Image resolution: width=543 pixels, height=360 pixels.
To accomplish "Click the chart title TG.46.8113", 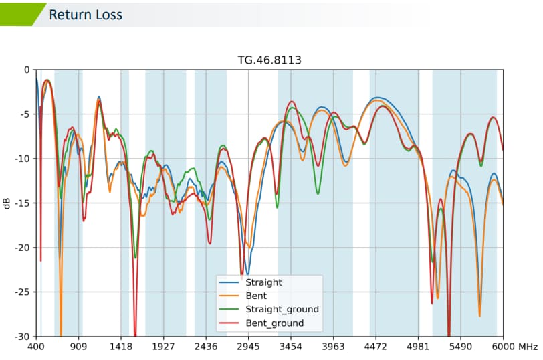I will coord(269,60).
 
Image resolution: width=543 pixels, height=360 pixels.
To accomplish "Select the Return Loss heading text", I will coord(86,14).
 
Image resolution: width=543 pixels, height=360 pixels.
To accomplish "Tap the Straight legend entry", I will coord(263,282).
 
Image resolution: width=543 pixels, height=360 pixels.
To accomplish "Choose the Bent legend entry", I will coord(256,296).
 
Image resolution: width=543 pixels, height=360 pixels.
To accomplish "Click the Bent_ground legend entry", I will coord(274,323).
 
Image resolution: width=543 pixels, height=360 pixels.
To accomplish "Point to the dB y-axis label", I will coord(7,203).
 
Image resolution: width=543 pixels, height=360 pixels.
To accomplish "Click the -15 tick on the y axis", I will coord(23,203).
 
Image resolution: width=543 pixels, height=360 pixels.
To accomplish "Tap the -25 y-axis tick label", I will coord(23,292).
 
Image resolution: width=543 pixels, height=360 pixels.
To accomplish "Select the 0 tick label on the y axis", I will coord(27,70).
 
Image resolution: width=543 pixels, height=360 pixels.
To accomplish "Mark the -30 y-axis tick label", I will coord(23,336).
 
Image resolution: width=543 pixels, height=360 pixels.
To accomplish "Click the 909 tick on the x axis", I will coord(79,347).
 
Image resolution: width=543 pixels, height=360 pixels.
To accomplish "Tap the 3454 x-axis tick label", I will coord(291,347).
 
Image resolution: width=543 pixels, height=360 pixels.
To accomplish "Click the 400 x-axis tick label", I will coord(36,347).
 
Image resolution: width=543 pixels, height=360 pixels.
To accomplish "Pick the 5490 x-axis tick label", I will coord(461,347).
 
